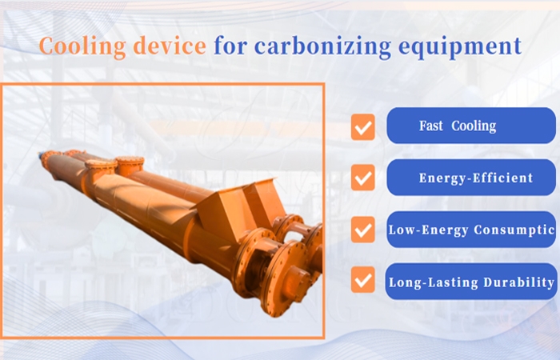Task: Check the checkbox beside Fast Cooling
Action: click(363, 126)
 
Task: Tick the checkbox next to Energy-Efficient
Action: click(363, 178)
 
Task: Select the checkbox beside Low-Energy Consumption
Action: click(363, 230)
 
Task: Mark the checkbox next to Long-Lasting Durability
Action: click(363, 281)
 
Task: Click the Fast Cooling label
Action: click(458, 126)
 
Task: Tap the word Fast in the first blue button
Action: click(432, 126)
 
